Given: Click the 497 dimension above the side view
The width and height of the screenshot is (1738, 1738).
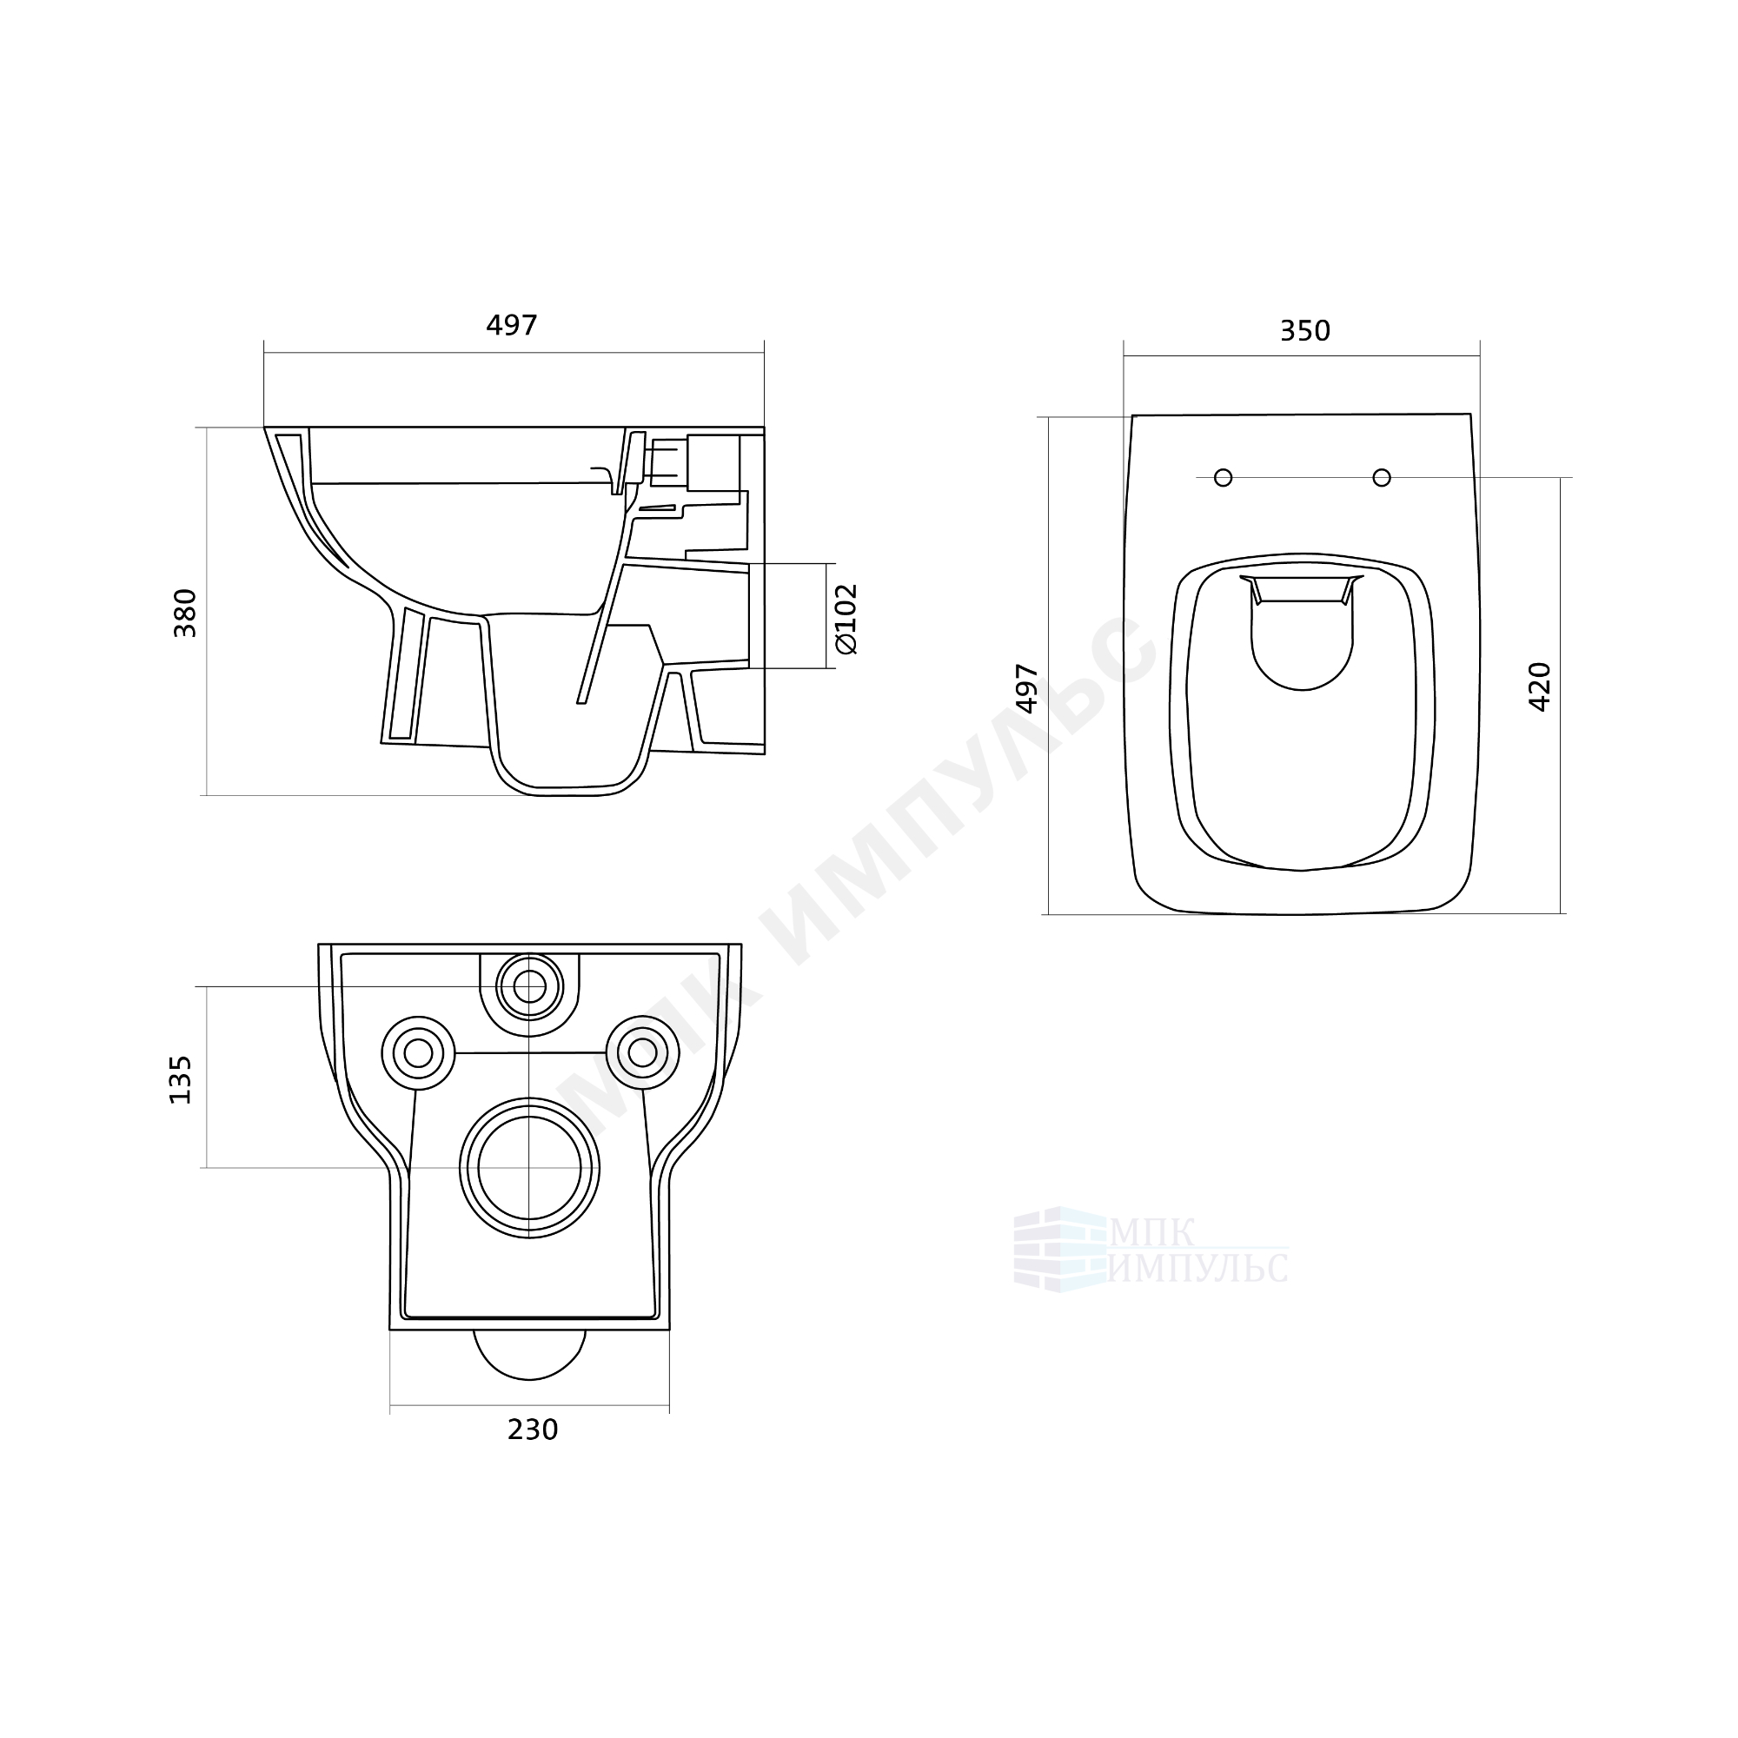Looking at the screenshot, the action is (x=512, y=325).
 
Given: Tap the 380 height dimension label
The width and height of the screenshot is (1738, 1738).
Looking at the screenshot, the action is (x=185, y=614).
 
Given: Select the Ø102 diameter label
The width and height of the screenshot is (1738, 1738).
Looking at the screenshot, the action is (x=846, y=618).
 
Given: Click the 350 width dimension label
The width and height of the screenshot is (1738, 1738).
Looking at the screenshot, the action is (x=1304, y=331).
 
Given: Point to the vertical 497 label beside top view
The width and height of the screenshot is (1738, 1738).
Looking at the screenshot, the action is (x=1027, y=688).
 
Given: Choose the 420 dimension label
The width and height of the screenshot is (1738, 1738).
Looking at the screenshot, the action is (x=1540, y=687).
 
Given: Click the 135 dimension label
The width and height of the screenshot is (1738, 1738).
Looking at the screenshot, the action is (x=181, y=1079).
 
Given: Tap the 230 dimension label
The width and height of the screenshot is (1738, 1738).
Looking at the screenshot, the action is (x=533, y=1430).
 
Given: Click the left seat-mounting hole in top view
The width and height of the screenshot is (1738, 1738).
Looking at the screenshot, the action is (x=1224, y=478).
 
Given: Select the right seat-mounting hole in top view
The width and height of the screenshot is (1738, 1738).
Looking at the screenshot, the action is (x=1382, y=478).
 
